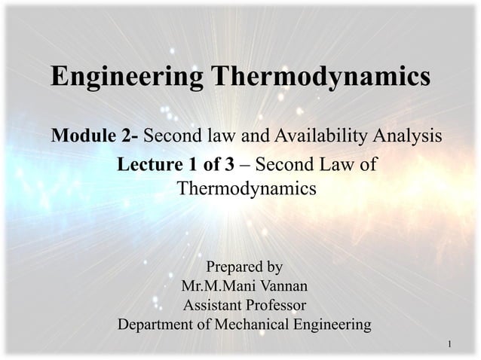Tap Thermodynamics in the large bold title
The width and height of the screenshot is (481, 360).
(x=320, y=77)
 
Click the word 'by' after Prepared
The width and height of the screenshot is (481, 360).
(x=274, y=267)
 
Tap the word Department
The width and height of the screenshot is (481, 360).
(x=156, y=325)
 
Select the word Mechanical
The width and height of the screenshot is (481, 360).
(x=247, y=325)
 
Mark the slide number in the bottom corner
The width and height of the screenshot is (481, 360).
(x=449, y=345)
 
